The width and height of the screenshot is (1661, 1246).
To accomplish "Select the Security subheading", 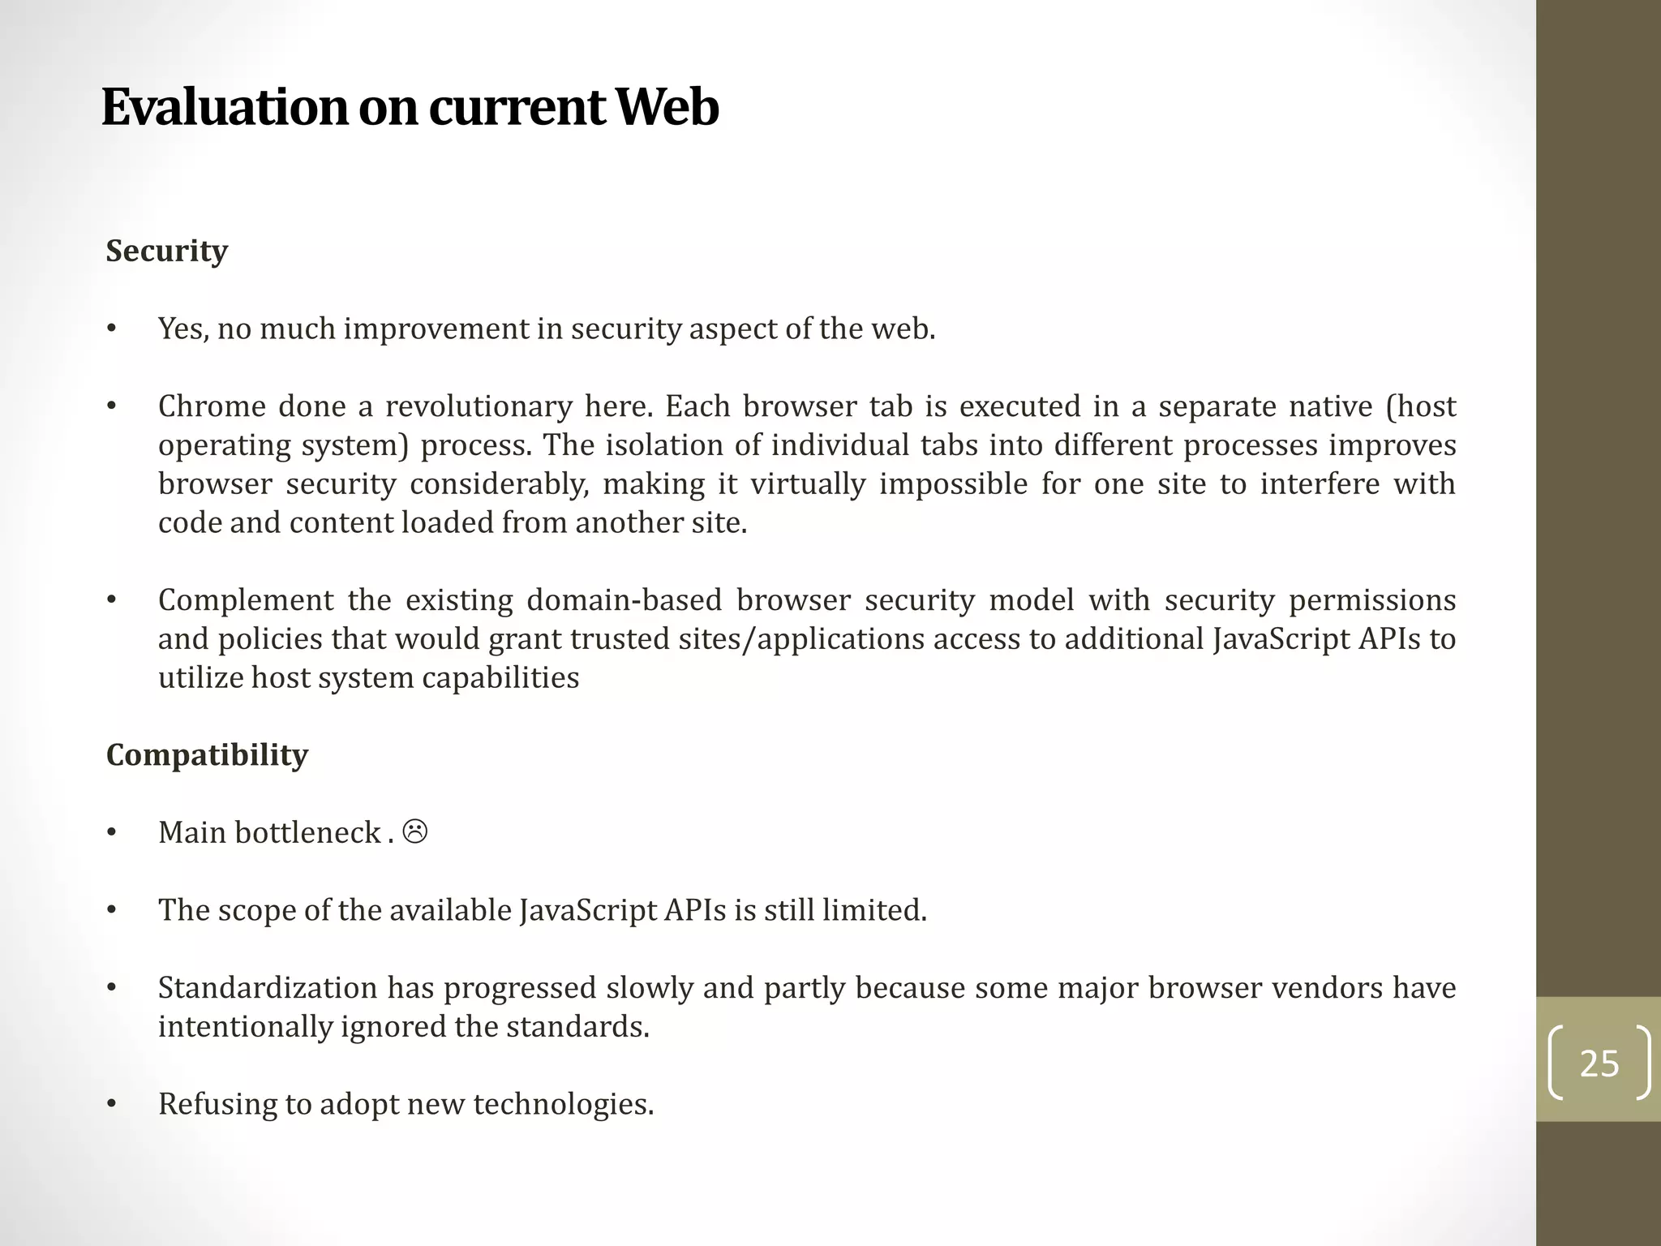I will pos(167,251).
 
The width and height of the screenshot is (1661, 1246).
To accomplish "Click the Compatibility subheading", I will pos(207,755).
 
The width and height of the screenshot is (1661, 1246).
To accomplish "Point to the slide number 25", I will pos(1599,1063).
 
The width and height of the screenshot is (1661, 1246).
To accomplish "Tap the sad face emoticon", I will pos(415,831).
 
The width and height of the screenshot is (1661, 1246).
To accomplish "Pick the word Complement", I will pos(246,600).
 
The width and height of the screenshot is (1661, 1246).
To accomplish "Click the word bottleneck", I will pos(307,833).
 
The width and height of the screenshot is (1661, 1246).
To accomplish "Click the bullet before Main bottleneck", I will pos(112,833).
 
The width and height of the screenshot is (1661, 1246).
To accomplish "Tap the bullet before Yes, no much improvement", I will pos(112,329).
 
